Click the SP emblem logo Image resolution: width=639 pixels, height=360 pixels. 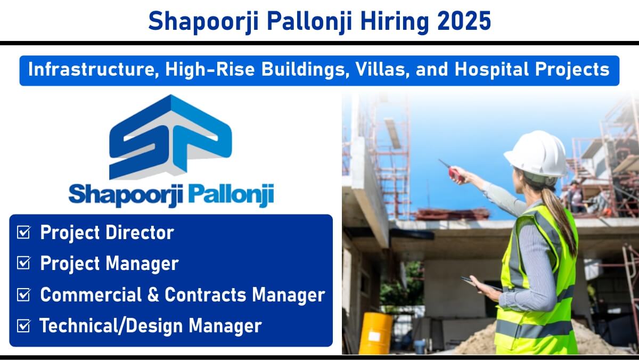click(x=170, y=137)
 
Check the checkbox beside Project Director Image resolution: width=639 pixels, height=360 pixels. click(x=23, y=232)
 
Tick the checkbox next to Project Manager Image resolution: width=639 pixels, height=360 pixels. click(x=23, y=263)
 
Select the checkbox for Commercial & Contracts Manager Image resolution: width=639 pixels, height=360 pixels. click(x=23, y=294)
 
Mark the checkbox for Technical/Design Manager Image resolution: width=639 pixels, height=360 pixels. click(x=23, y=325)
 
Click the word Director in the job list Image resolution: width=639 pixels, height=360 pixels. click(x=140, y=232)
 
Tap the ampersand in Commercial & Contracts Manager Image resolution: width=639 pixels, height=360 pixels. click(x=153, y=294)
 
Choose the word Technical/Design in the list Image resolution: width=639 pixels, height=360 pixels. click(x=111, y=325)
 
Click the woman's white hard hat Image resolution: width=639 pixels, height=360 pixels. click(x=536, y=154)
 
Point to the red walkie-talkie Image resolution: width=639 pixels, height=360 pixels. click(x=453, y=171)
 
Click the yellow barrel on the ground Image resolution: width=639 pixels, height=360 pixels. click(x=375, y=333)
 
